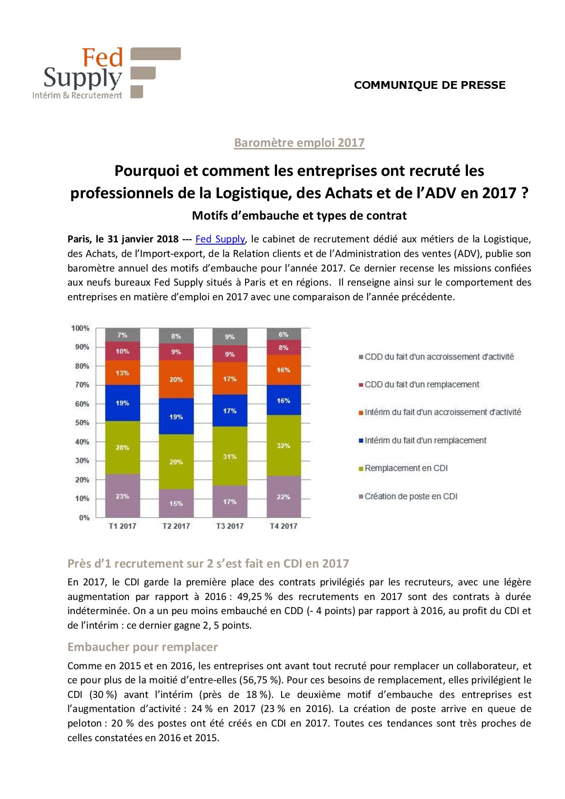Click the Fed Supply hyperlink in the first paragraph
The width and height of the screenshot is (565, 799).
pyautogui.click(x=220, y=239)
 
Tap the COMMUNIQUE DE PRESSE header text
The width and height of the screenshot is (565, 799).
pyautogui.click(x=430, y=85)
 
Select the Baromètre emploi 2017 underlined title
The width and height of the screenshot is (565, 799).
pyautogui.click(x=299, y=143)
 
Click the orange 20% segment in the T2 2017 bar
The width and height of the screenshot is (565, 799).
pyautogui.click(x=176, y=379)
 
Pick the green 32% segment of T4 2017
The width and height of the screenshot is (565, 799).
pyautogui.click(x=283, y=446)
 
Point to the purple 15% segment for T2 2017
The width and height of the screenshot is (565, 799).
pyautogui.click(x=176, y=503)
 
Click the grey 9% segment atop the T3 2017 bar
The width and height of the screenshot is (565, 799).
pyautogui.click(x=230, y=337)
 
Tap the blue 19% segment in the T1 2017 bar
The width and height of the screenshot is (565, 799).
pyautogui.click(x=122, y=403)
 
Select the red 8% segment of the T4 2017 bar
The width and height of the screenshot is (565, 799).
pyautogui.click(x=283, y=348)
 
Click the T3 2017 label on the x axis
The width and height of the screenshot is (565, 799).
pyautogui.click(x=230, y=526)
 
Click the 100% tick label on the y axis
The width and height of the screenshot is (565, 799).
pyautogui.click(x=80, y=328)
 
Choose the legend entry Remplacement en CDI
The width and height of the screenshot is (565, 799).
pyautogui.click(x=406, y=468)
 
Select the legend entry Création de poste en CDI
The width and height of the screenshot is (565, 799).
pyautogui.click(x=411, y=497)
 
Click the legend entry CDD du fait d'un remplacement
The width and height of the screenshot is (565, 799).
pyautogui.click(x=421, y=384)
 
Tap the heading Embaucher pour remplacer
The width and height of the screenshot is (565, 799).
pyautogui.click(x=143, y=647)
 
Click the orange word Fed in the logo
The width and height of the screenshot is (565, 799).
pyautogui.click(x=103, y=58)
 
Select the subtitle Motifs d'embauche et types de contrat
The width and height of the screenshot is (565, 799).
pyautogui.click(x=299, y=215)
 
